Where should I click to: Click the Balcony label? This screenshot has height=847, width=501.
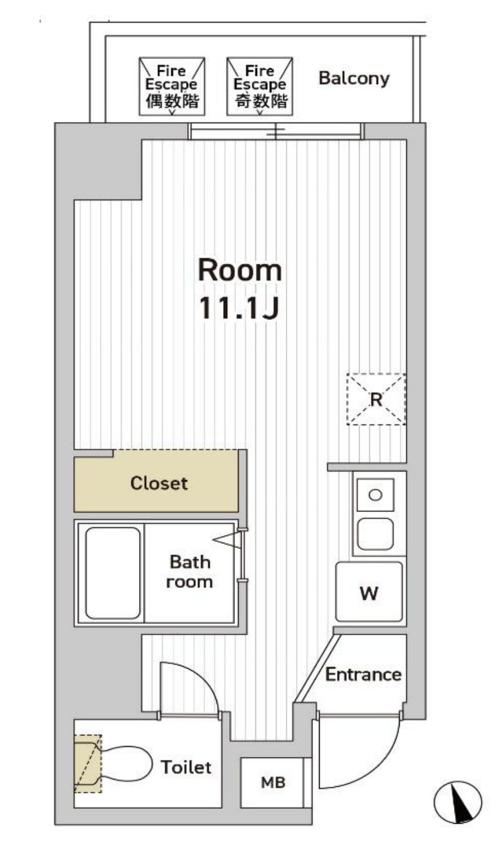pyautogui.click(x=354, y=79)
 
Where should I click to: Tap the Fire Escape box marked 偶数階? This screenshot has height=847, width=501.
pyautogui.click(x=172, y=87)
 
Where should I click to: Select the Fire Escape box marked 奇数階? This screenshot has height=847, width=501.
pyautogui.click(x=259, y=87)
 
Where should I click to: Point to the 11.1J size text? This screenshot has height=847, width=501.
pyautogui.click(x=239, y=308)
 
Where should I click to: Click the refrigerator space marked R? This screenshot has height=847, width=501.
pyautogui.click(x=376, y=399)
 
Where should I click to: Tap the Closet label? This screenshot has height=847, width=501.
pyautogui.click(x=159, y=483)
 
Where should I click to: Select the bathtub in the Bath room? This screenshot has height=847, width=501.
pyautogui.click(x=113, y=573)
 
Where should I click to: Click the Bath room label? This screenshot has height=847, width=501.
pyautogui.click(x=190, y=572)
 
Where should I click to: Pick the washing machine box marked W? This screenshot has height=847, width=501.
pyautogui.click(x=369, y=592)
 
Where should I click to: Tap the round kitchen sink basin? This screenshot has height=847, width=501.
pyautogui.click(x=375, y=495)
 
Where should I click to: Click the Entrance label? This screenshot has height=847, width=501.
pyautogui.click(x=363, y=674)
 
